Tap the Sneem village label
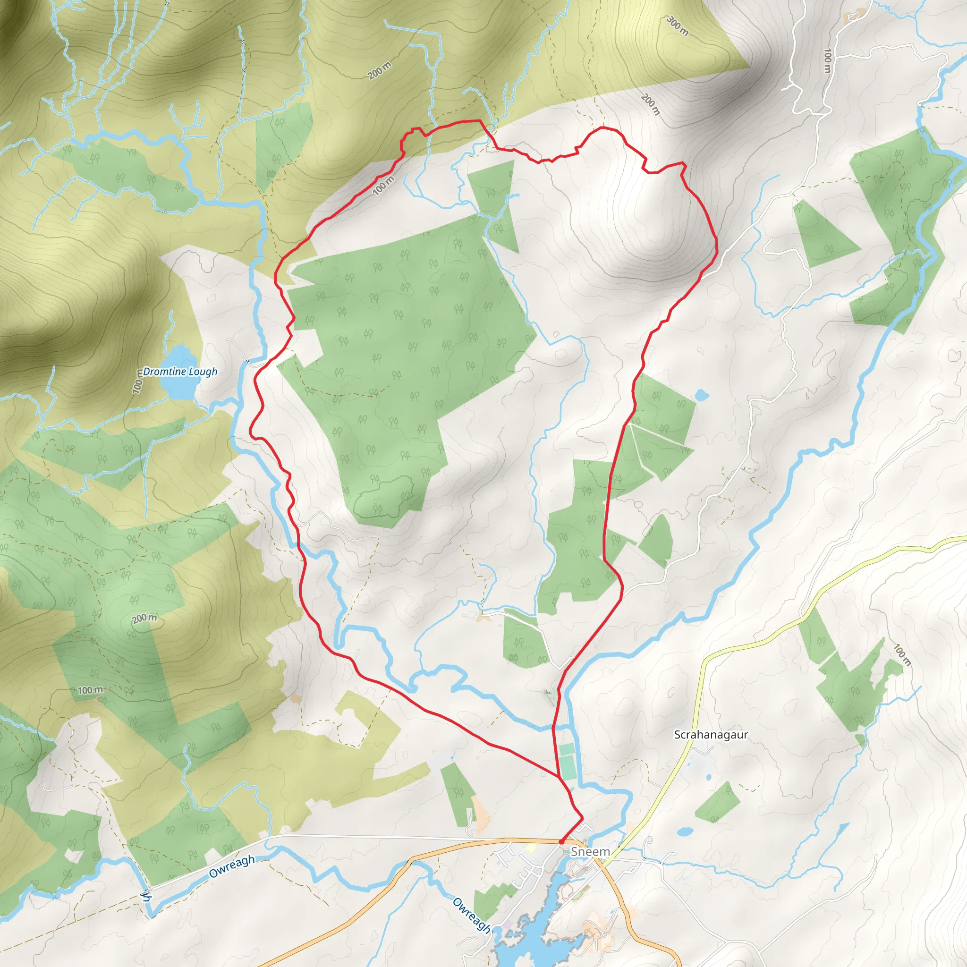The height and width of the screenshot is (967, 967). (x=591, y=851)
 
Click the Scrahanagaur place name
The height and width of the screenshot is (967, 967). (x=711, y=735)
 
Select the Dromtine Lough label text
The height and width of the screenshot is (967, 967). (x=180, y=372)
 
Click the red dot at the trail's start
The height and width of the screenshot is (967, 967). (x=561, y=842)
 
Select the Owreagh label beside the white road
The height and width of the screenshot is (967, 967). (x=232, y=867)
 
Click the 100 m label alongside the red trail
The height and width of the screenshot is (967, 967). (x=383, y=185)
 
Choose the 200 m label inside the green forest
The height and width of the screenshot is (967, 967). (x=144, y=619)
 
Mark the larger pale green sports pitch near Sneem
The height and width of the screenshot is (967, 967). (x=568, y=769)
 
